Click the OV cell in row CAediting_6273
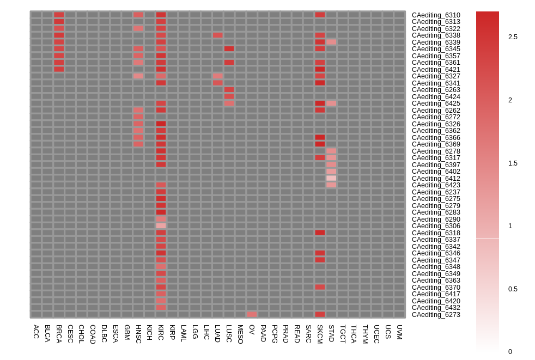coord(252,314)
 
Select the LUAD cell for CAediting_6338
coord(218,35)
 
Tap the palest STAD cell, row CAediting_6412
coord(331,178)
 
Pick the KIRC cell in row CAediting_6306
coord(161,225)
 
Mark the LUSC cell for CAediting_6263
coord(229,89)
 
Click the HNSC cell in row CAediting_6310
coord(138,15)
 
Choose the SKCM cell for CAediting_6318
coord(320,233)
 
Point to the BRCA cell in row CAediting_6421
coord(59,69)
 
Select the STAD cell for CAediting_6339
coord(331,42)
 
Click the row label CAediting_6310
coord(436,15)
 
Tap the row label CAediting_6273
coord(436,315)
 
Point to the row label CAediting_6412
coord(436,179)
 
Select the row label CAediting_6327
coord(436,76)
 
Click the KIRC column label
coord(161,333)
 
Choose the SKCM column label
coord(320,334)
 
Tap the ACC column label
coord(36,331)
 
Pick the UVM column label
coord(399,332)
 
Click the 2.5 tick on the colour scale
coord(513,37)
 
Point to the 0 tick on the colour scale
coord(510,352)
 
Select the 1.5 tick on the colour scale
coord(513,163)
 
